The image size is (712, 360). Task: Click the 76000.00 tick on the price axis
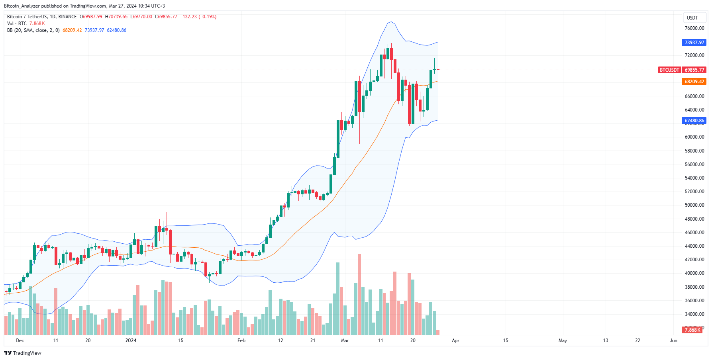[x=694, y=28]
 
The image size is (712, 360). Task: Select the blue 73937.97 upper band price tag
[x=694, y=43]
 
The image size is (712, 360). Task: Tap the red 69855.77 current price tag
[x=694, y=70]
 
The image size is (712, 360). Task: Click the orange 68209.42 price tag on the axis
[x=694, y=82]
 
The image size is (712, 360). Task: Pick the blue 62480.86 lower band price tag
[x=694, y=121]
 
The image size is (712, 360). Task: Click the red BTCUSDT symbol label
[x=669, y=70]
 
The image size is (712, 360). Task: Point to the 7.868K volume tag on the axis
[x=692, y=330]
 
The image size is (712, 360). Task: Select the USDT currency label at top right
[x=692, y=18]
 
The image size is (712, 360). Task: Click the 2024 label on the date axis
[x=131, y=340]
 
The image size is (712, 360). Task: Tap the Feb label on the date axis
[x=241, y=340]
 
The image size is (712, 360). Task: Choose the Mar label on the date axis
[x=345, y=340]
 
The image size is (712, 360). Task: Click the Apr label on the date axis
[x=455, y=340]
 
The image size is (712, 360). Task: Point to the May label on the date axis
[x=563, y=340]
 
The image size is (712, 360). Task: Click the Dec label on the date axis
[x=20, y=340]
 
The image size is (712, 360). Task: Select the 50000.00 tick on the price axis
[x=694, y=205]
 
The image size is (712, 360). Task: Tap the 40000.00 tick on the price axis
[x=694, y=273]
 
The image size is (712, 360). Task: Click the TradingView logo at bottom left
[x=23, y=353]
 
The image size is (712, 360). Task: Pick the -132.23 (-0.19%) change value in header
[x=198, y=17]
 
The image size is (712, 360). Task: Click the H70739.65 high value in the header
[x=116, y=17]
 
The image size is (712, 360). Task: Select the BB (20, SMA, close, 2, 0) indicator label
[x=33, y=30]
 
